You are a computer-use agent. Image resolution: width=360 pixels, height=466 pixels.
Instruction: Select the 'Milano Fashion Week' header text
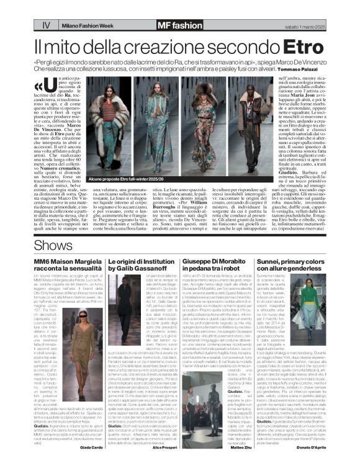[95, 25]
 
